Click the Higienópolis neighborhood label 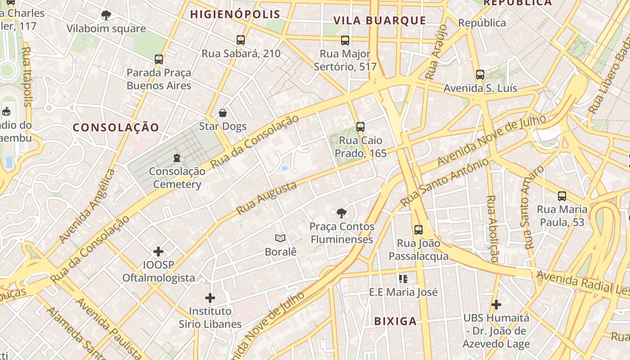click(235, 14)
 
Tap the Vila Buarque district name click(379, 20)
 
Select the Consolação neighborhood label click(116, 127)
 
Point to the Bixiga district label click(396, 321)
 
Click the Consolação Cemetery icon click(177, 158)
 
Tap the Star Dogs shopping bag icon click(223, 112)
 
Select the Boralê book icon click(280, 238)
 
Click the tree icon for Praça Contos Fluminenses click(342, 213)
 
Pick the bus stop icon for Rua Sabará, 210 click(241, 40)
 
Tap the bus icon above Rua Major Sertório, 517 click(345, 40)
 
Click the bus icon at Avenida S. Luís click(480, 75)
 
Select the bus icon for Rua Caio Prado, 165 click(360, 127)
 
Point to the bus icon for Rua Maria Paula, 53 click(562, 196)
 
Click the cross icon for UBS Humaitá click(496, 305)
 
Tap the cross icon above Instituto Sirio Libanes click(210, 297)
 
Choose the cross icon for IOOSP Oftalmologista click(158, 251)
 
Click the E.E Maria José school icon click(403, 279)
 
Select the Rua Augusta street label click(266, 198)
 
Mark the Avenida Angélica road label click(87, 206)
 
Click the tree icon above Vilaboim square click(106, 15)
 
